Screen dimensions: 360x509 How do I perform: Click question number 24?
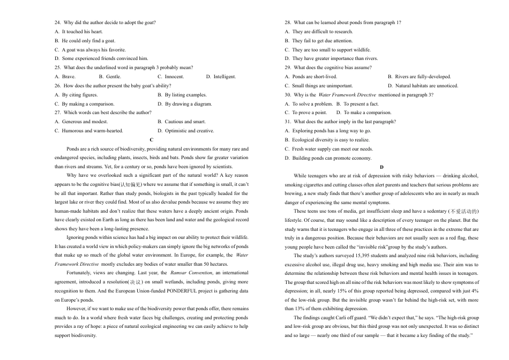(x=58, y=22)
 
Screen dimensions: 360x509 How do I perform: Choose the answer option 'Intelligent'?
(x=224, y=77)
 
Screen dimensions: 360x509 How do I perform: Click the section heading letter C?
(x=152, y=140)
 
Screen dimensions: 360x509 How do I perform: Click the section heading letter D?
(x=381, y=167)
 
